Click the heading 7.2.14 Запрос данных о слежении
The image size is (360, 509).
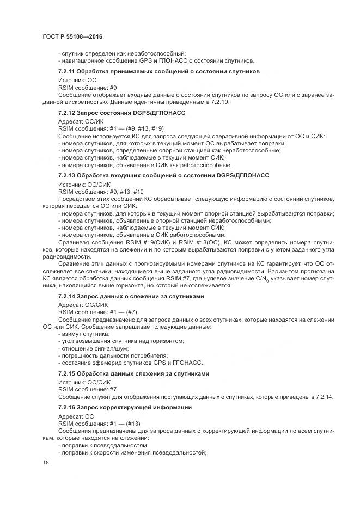click(131, 296)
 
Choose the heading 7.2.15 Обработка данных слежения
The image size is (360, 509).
click(133, 373)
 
